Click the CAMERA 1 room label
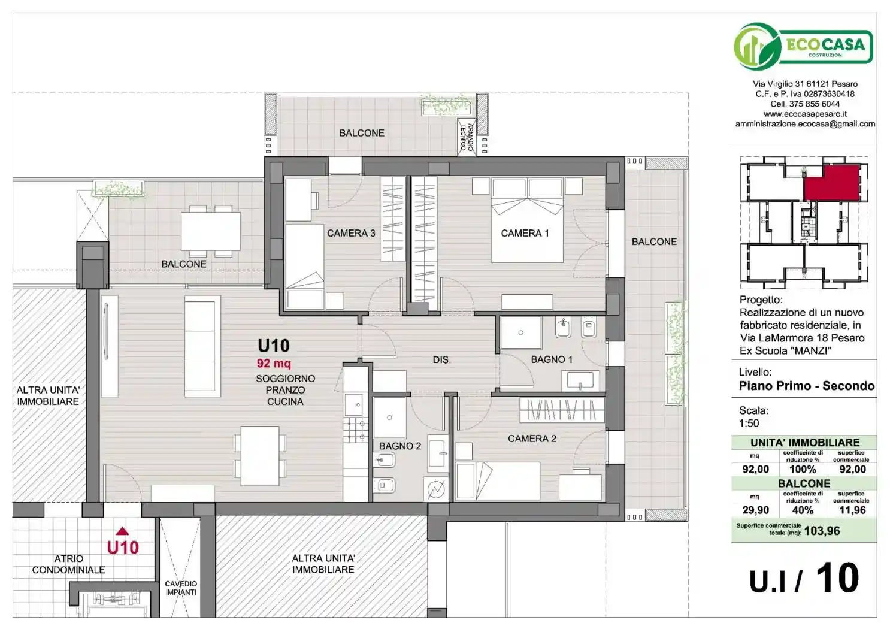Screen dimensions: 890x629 [525, 233]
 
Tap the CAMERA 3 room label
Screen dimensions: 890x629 [351, 233]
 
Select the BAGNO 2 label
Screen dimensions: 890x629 [399, 446]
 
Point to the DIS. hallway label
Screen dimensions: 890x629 [441, 359]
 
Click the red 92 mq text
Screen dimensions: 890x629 [274, 363]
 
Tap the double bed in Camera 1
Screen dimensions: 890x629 [527, 220]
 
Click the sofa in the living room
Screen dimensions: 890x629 [202, 346]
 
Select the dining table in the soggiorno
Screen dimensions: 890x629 [260, 455]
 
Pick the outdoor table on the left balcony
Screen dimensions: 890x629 [211, 231]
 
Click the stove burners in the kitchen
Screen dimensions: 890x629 [355, 430]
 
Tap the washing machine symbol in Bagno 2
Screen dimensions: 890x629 [436, 489]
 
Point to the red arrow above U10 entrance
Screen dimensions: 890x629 [122, 531]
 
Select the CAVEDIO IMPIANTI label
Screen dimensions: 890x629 [181, 588]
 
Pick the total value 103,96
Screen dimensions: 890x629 [822, 531]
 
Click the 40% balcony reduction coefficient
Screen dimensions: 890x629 [803, 510]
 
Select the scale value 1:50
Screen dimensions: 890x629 [749, 423]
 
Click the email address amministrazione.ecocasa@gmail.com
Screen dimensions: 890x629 [805, 124]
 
